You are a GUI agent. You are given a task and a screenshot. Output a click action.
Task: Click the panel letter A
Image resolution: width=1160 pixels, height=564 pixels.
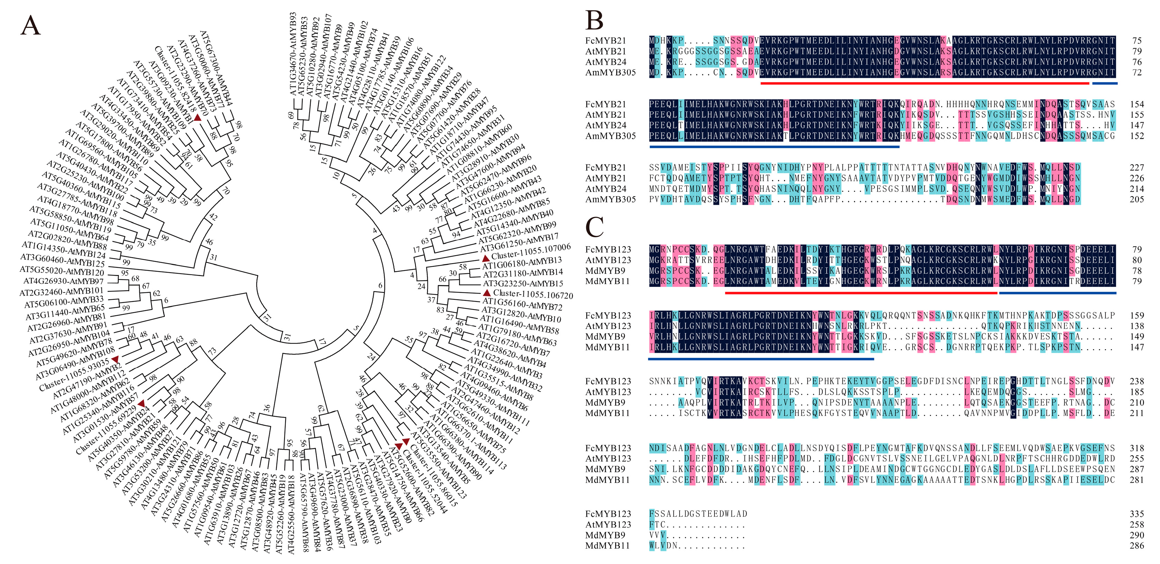click(x=31, y=26)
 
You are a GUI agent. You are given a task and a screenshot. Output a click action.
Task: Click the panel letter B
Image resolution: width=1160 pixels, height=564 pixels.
click(x=594, y=20)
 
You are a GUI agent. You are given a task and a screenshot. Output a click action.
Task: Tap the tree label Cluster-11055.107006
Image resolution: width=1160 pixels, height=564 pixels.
click(x=531, y=251)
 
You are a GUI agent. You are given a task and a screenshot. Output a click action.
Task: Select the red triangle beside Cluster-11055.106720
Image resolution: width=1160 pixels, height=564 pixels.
click(x=486, y=293)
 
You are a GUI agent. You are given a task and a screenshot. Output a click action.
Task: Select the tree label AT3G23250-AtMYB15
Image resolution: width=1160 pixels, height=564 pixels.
click(x=523, y=284)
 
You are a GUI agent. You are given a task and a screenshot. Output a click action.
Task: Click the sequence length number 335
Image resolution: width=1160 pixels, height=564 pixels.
click(x=1137, y=514)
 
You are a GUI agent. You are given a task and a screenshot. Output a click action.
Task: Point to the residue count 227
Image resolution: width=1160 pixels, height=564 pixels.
click(x=1137, y=168)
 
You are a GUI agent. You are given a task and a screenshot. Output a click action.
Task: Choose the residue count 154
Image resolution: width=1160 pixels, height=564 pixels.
click(x=1137, y=104)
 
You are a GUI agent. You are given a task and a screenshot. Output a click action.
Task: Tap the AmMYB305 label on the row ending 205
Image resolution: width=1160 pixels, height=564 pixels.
click(x=610, y=199)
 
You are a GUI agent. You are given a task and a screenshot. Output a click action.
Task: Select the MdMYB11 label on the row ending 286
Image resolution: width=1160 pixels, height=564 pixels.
click(x=607, y=546)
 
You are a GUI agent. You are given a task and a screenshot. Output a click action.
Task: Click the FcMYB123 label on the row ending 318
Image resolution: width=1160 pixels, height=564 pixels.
click(x=608, y=448)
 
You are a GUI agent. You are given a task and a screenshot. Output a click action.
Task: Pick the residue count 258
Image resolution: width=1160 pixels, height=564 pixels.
click(x=1137, y=525)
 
